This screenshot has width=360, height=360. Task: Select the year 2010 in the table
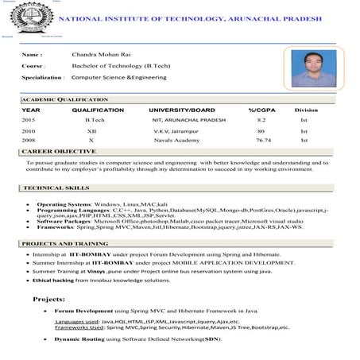29,130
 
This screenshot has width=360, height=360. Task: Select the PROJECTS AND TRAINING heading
66,242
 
